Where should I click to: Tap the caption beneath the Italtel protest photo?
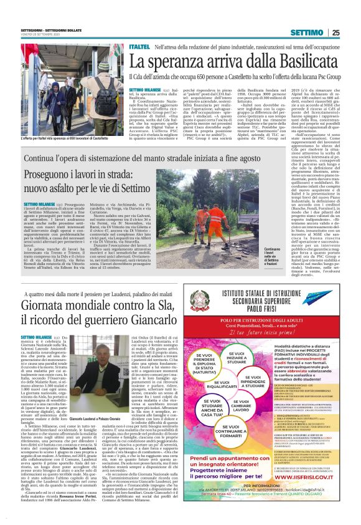pyautogui.click(x=68, y=137)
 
